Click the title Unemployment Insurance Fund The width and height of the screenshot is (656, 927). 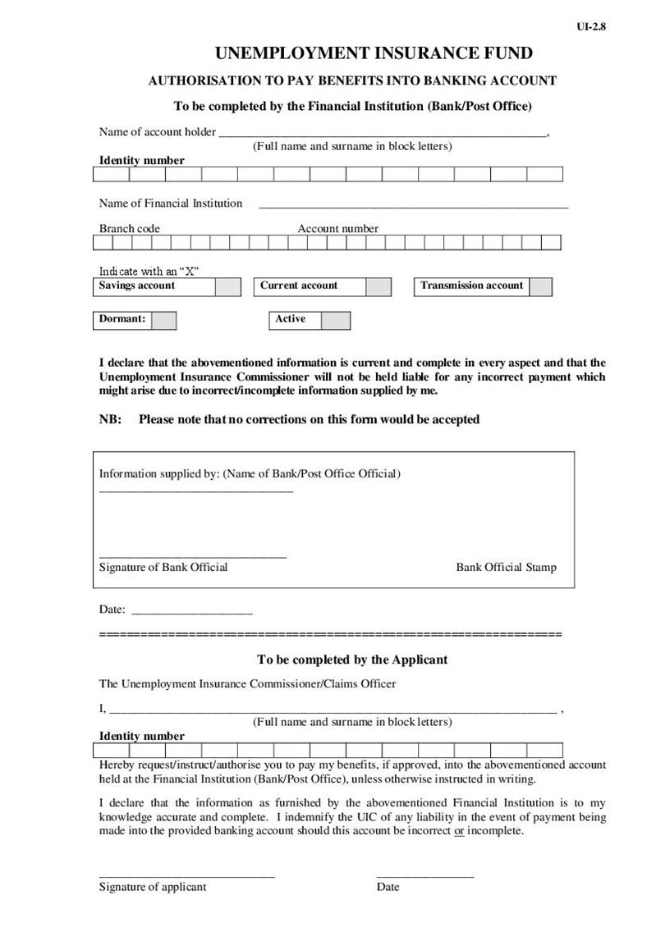point(374,54)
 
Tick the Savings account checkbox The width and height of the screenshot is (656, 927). point(228,286)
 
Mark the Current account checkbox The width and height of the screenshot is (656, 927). point(378,286)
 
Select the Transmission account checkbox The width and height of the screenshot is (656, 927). point(540,286)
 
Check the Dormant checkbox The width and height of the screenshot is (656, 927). point(163,320)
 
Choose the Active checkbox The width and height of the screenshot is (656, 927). point(335,320)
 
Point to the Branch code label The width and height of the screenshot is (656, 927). point(130,229)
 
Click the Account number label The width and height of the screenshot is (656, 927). point(337,229)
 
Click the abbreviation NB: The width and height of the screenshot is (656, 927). point(110,419)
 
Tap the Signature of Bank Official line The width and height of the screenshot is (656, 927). point(193,557)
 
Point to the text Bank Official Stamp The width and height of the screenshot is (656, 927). point(506,568)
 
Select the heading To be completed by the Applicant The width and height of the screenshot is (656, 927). point(351,660)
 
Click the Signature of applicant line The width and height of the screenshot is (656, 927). point(187,876)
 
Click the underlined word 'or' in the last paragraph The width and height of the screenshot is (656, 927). point(459,831)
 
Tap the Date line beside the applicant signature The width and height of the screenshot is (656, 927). point(425,876)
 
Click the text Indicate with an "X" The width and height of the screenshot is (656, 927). point(150,271)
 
